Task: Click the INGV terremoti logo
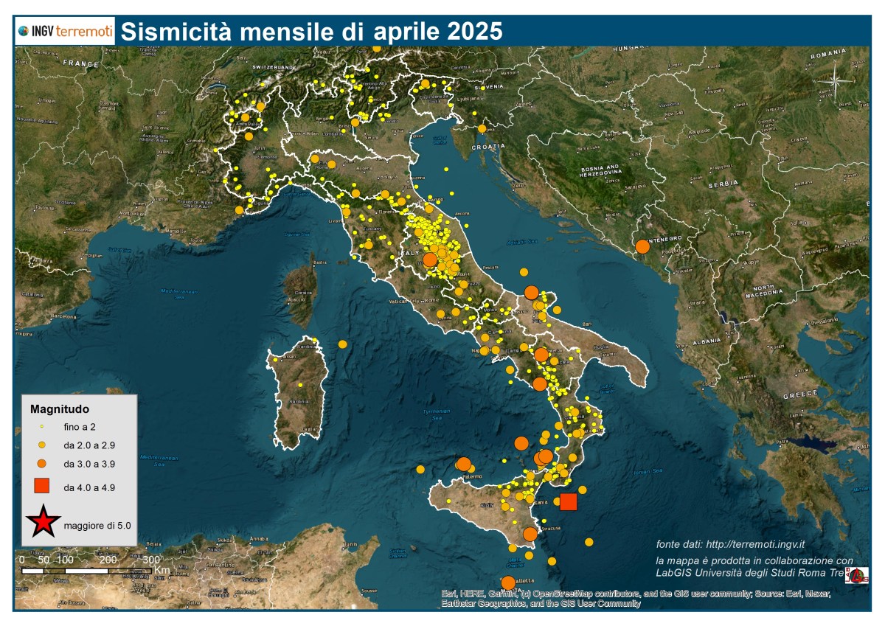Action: point(66,31)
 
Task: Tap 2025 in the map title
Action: point(475,32)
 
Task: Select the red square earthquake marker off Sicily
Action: point(568,502)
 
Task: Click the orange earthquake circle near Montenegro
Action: point(642,246)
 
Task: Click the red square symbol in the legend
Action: point(42,486)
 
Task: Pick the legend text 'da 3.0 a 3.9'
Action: point(89,465)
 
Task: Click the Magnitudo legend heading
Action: point(60,408)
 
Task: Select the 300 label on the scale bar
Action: point(150,560)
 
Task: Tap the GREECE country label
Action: point(799,395)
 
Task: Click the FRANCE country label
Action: point(80,63)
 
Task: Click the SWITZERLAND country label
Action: point(273,67)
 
